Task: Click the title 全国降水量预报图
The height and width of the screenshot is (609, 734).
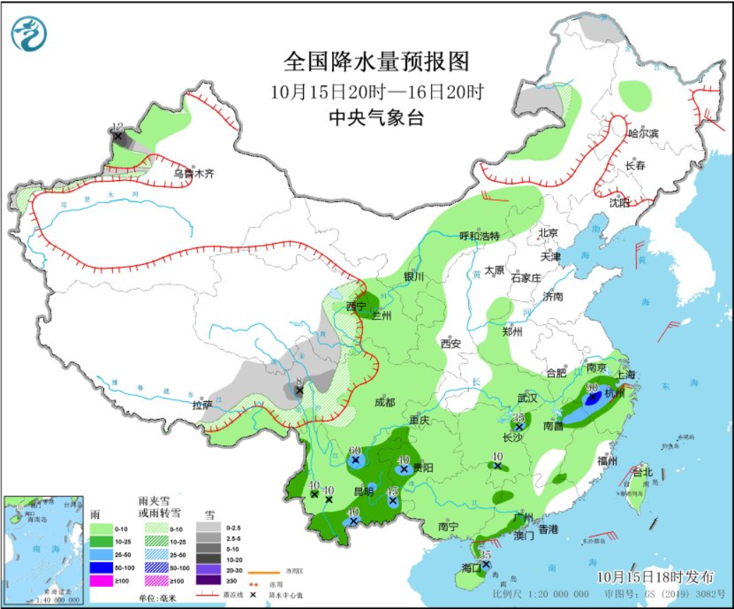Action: coord(376,61)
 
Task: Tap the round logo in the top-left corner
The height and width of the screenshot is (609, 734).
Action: coord(29,33)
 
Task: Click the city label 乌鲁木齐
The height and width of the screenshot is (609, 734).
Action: coord(194,172)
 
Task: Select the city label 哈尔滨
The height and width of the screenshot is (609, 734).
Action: coord(642,133)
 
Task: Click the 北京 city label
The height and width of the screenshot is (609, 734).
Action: coord(548,232)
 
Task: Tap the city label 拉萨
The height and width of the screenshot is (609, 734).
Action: coord(202,405)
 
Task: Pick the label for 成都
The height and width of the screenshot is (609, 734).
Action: coord(385,402)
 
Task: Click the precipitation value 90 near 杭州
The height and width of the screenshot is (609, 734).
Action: coord(592,387)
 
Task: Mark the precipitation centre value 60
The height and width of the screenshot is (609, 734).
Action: coord(355,451)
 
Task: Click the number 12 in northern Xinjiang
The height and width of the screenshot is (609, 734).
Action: coord(117,126)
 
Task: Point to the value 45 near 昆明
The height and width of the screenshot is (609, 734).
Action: coord(393,492)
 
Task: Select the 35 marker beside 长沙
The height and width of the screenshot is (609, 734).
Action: coord(519,418)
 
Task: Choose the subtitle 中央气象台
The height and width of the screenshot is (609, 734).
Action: coord(376,118)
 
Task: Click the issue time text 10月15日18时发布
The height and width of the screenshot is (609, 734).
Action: coord(654,576)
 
